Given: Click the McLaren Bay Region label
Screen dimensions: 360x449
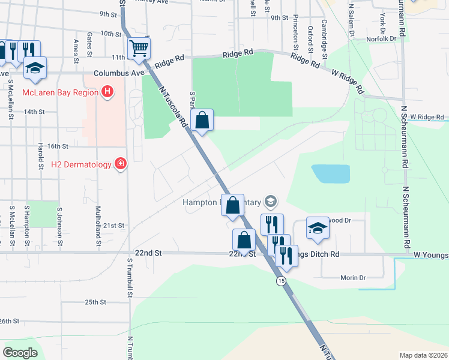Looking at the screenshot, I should [x=60, y=92].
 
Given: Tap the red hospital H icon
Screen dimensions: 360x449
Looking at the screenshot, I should [x=107, y=92].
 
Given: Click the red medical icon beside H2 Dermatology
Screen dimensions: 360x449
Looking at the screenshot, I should [x=121, y=164].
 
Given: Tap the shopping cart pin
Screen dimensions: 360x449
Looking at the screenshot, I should [x=139, y=47].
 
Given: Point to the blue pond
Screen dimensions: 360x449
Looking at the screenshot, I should [x=331, y=174].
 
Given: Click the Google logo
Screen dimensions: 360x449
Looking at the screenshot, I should [x=20, y=352].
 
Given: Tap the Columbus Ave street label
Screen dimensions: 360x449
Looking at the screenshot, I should [x=119, y=73].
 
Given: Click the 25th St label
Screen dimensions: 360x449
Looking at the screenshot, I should [x=95, y=302].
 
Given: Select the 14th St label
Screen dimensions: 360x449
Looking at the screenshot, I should [x=34, y=112].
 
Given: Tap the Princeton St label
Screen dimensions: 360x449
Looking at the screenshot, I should [x=296, y=33].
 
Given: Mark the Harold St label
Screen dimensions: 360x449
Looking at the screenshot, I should [x=40, y=154].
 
